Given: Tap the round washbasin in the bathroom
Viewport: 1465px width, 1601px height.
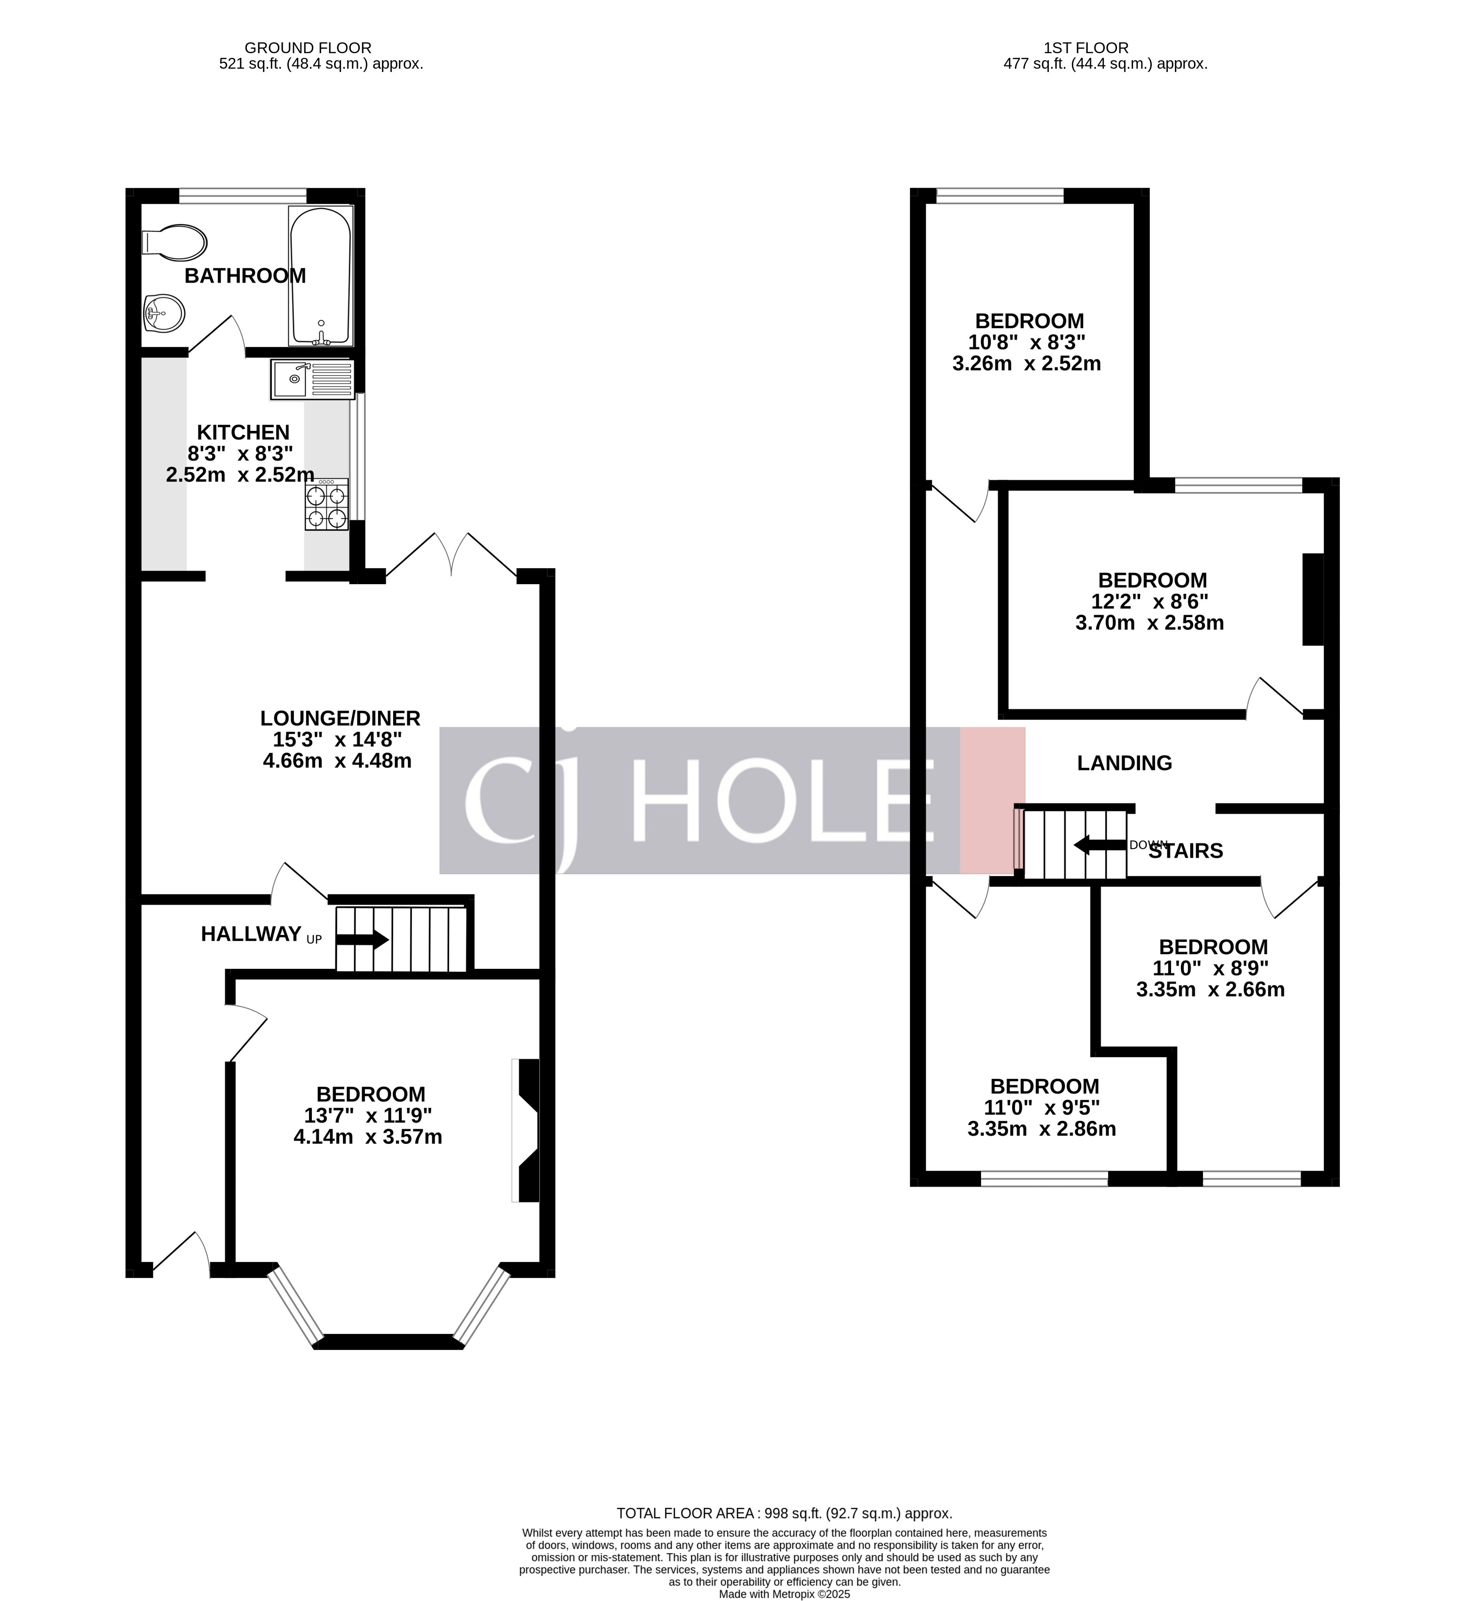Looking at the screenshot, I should tap(164, 313).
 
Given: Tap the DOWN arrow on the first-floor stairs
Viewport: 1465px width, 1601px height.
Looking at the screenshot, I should tap(1100, 845).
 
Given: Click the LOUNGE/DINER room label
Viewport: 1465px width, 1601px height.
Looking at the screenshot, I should tap(340, 718).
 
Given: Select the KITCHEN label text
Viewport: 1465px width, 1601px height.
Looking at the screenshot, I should tap(243, 432).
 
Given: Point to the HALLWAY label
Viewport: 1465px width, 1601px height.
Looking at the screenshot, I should tap(251, 934).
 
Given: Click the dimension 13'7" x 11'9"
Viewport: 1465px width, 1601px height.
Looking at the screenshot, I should tap(368, 1115).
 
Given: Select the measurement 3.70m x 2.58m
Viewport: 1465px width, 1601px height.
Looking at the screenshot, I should tap(1149, 623).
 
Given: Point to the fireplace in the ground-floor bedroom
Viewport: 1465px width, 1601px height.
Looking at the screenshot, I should tap(527, 1130).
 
